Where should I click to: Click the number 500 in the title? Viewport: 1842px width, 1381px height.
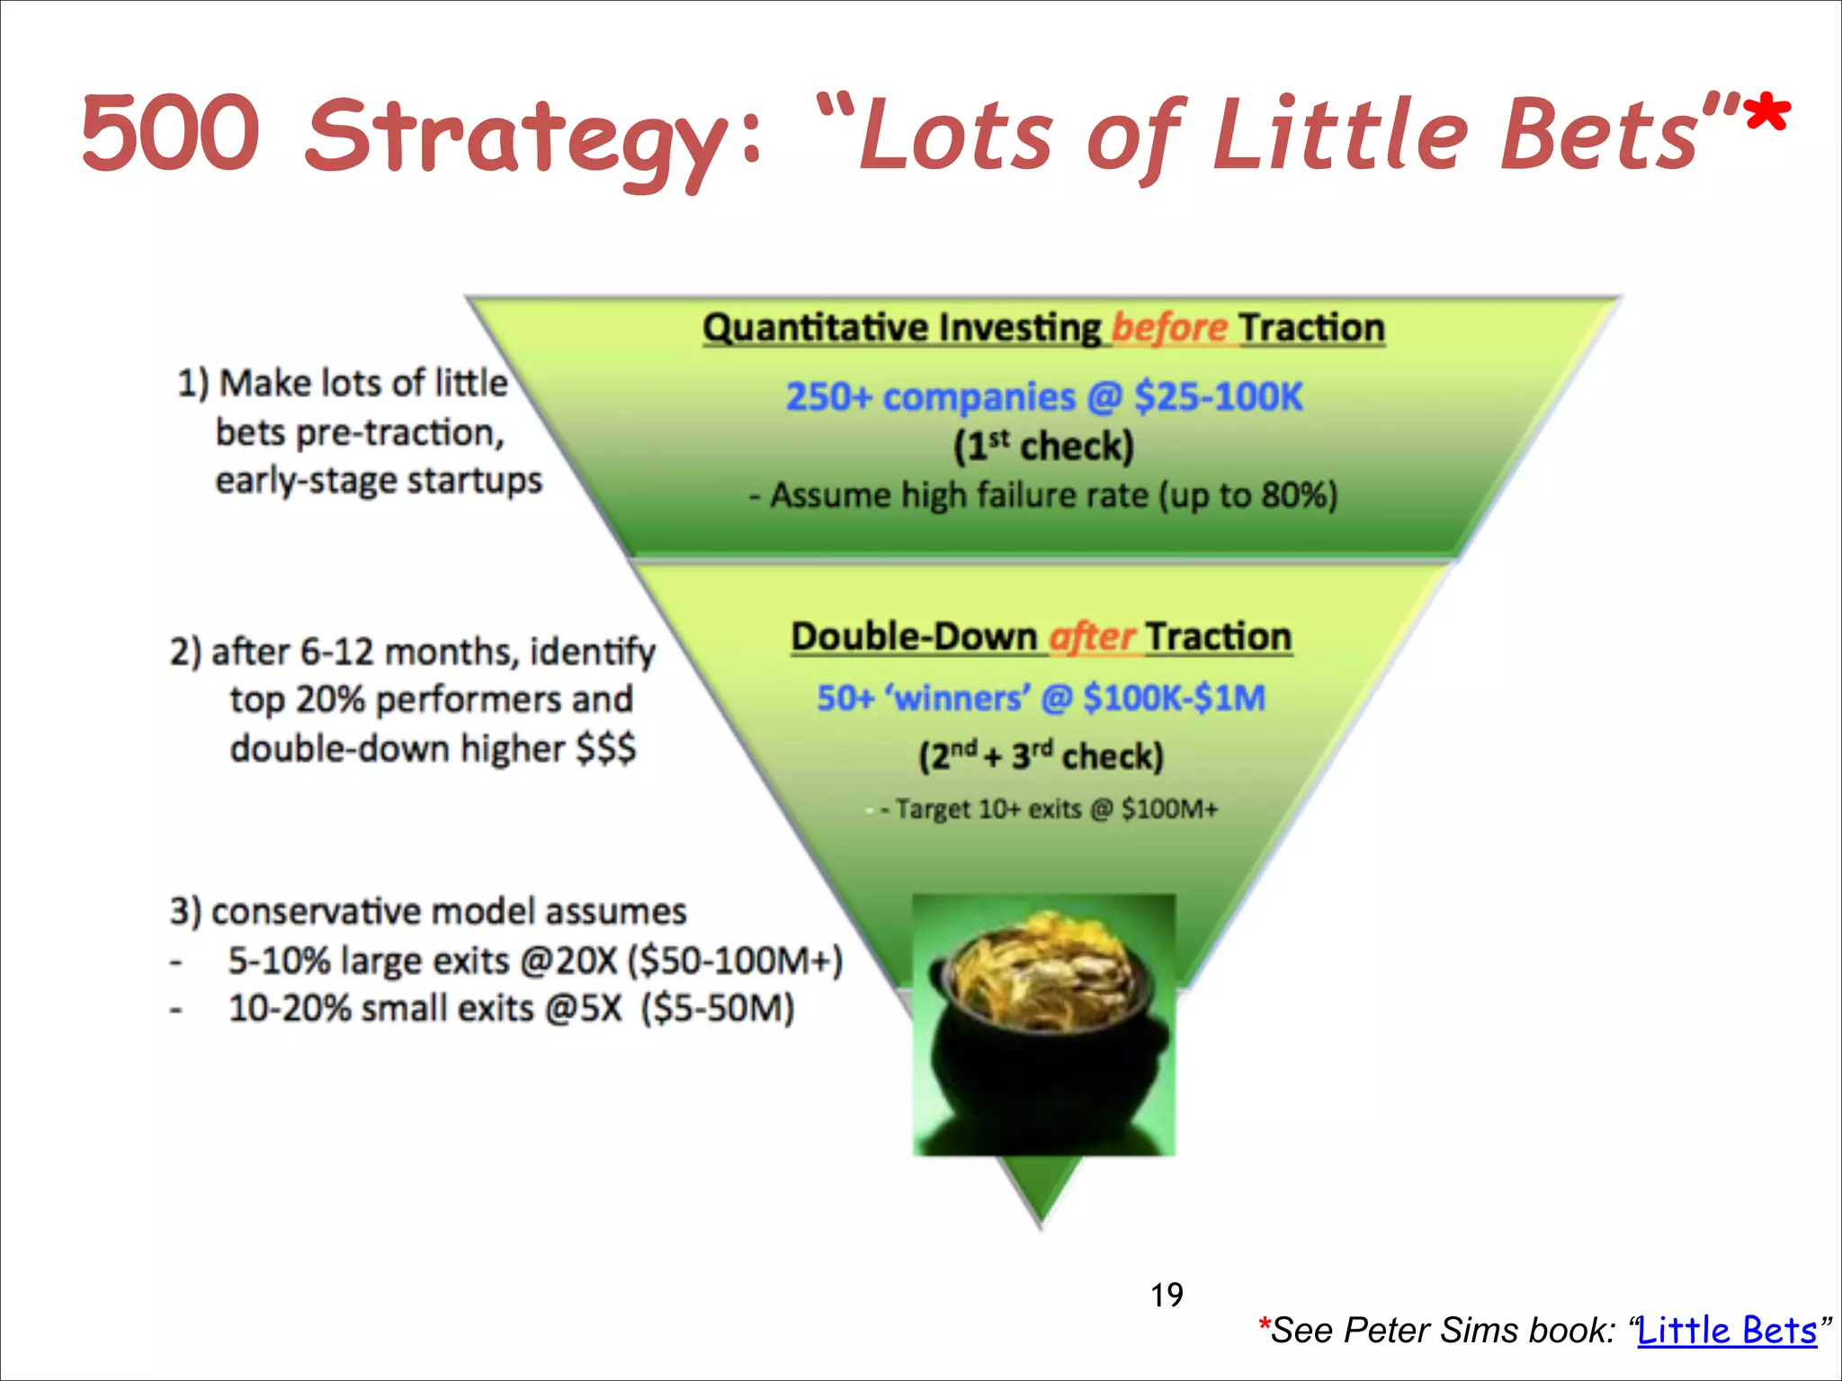[x=171, y=133]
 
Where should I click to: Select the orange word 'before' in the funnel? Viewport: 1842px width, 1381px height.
[x=1169, y=328]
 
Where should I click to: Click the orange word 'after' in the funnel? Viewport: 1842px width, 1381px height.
[x=1092, y=637]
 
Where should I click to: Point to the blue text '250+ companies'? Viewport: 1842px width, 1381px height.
[x=931, y=397]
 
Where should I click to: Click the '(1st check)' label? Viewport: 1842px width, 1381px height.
[x=1043, y=447]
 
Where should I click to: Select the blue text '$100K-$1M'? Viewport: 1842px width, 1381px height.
[x=1174, y=698]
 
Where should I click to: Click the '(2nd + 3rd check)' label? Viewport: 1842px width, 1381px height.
[x=1041, y=756]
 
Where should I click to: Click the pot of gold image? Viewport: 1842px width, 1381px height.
[x=1043, y=1024]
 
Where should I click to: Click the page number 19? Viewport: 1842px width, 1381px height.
[x=1167, y=1296]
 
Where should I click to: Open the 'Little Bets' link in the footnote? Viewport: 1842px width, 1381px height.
[x=1726, y=1331]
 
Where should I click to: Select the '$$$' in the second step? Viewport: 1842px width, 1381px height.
[x=605, y=748]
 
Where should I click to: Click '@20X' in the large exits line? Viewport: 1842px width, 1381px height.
[x=568, y=961]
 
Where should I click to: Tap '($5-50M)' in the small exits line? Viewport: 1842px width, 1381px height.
[x=718, y=1009]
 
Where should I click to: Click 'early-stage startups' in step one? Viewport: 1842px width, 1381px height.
[x=379, y=481]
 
